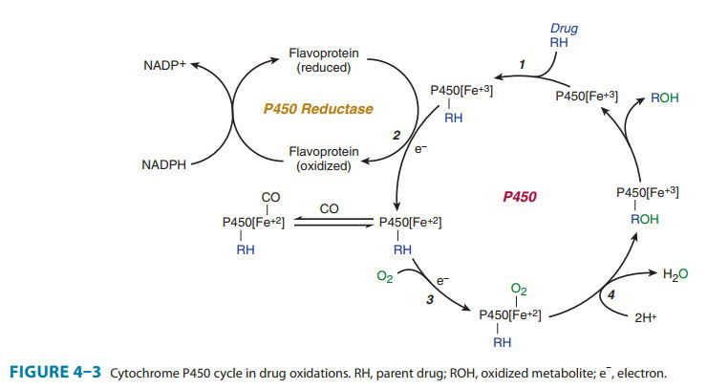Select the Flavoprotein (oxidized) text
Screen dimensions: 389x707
point(324,158)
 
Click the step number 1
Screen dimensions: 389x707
point(521,64)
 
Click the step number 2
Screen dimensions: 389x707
point(396,136)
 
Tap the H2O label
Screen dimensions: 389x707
point(675,274)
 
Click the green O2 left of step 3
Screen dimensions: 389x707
point(385,277)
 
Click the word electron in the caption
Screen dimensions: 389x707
point(632,373)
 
